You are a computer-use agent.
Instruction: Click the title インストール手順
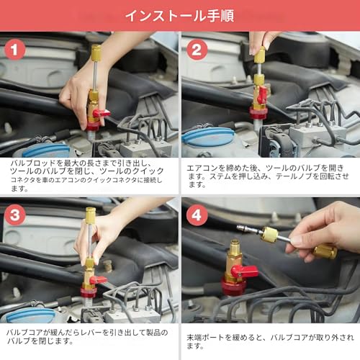tap(180, 15)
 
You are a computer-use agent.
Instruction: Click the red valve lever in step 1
tap(101, 113)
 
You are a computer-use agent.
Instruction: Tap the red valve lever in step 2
tap(262, 94)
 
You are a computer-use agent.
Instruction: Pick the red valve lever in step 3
tap(98, 279)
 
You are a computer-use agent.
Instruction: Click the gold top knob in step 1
tap(96, 53)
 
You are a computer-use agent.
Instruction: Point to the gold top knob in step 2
tap(259, 56)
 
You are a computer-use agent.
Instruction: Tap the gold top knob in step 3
tap(90, 215)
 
